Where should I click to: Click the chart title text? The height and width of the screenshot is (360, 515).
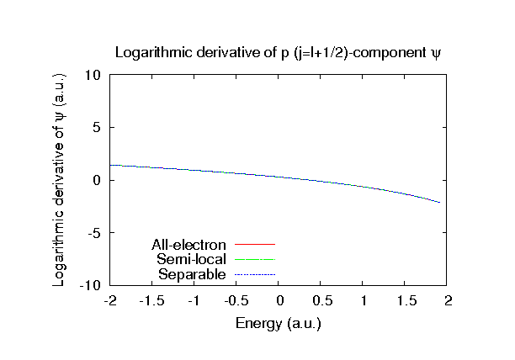coord(279,52)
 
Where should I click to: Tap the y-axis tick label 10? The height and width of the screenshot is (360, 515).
coord(94,75)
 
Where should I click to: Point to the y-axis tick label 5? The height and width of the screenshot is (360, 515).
coord(98,128)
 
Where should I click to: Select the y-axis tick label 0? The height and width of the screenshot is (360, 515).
coord(98,180)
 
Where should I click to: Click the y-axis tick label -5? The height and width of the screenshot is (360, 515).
coord(94,233)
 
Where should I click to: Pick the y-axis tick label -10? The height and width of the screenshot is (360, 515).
coord(91,286)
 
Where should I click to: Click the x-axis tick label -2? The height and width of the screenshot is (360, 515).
coord(109,301)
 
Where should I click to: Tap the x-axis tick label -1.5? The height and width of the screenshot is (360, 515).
coord(151,301)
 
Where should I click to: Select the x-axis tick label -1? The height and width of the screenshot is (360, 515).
coord(194,301)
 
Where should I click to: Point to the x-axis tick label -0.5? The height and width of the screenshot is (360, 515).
coord(236,301)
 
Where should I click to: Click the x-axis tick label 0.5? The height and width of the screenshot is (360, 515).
coord(321,301)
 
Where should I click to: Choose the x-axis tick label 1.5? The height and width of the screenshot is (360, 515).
coord(406,301)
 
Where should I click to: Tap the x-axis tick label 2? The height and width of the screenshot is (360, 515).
coord(449,301)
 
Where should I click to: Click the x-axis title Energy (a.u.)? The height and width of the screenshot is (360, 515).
coord(279,322)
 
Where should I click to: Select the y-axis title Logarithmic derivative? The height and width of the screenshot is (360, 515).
coord(60,180)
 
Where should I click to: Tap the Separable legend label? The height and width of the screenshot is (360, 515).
coord(192,274)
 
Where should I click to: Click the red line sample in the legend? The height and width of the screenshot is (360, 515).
coord(255,245)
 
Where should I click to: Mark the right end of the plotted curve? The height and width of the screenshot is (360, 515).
coord(440,203)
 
